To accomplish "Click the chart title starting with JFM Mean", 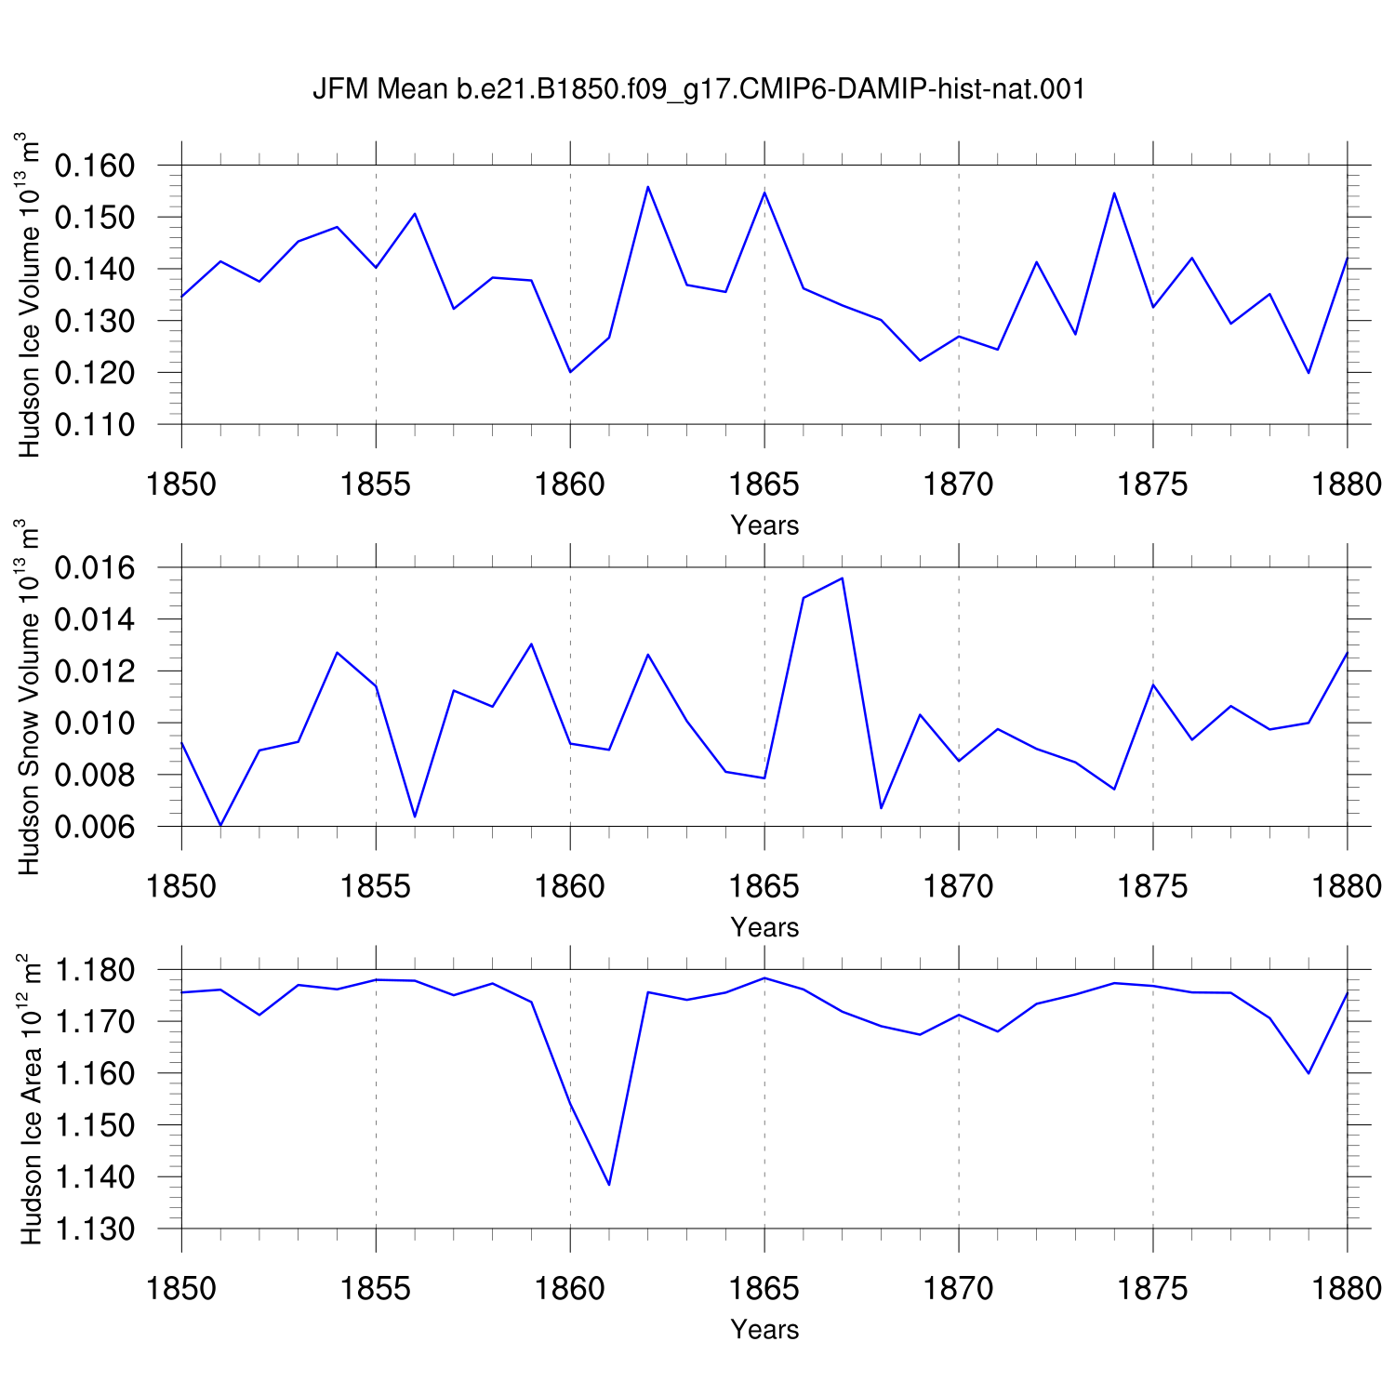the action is (698, 89).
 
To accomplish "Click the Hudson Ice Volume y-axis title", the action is (30, 294).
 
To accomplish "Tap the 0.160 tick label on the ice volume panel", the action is (95, 166).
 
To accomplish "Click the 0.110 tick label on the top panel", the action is (95, 425).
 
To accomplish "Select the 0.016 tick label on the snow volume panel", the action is (95, 568).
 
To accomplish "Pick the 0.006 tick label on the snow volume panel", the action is (95, 827).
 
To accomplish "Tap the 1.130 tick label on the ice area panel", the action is (95, 1229).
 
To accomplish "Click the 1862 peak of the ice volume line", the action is (648, 187).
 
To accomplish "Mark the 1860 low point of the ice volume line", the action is (570, 372).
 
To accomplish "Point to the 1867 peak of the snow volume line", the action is (842, 578).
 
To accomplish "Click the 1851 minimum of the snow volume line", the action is (220, 825).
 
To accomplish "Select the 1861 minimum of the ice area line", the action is (609, 1185).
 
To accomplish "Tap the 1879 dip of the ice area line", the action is (1309, 1073).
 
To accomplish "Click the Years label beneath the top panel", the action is (764, 525).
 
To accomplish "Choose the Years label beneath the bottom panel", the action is (764, 1329).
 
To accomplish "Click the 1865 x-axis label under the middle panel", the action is (764, 886).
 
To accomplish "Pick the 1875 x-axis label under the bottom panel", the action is (1153, 1288).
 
